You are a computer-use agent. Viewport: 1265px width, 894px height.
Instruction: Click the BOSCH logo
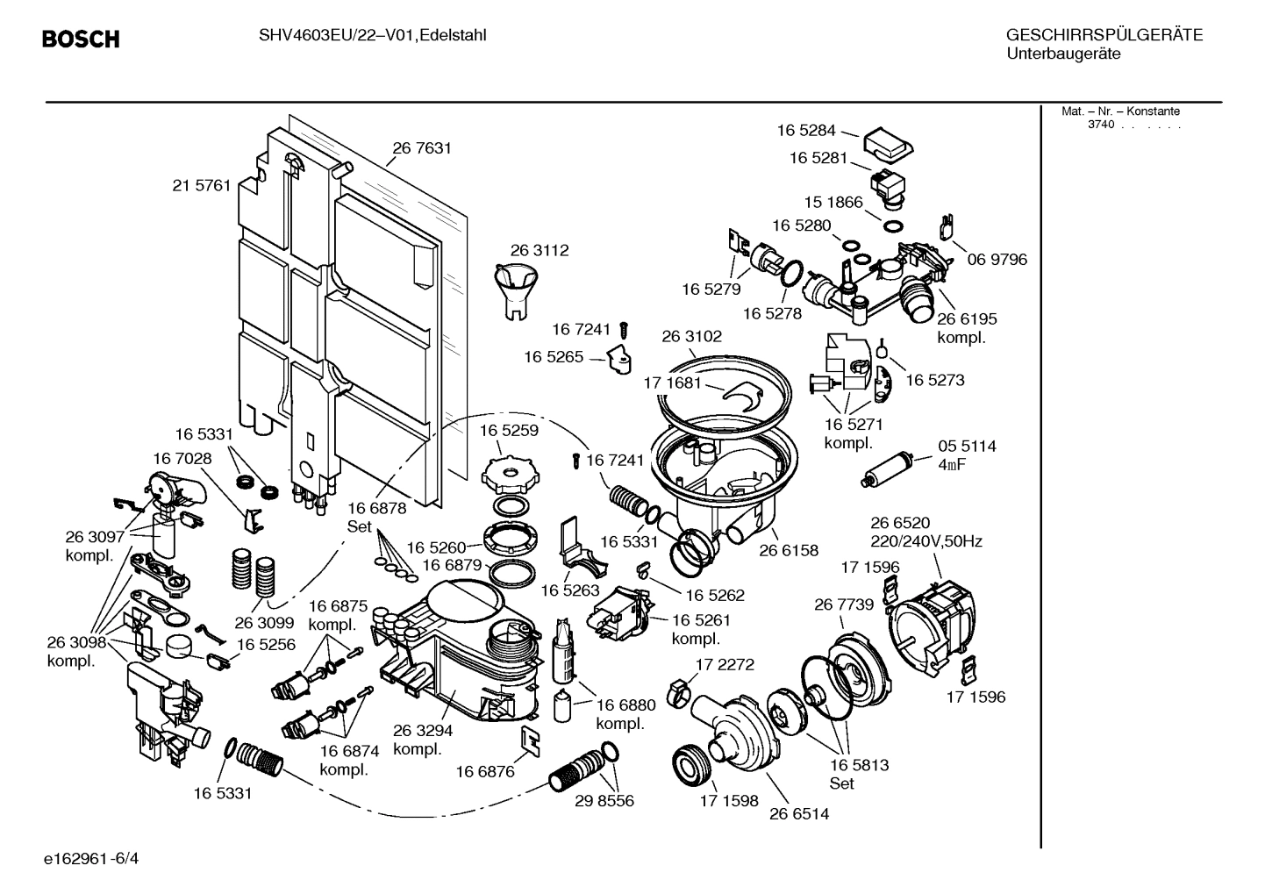click(81, 39)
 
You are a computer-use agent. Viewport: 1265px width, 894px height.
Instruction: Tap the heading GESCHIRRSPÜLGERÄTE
click(1104, 35)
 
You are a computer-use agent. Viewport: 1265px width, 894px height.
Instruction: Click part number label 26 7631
click(422, 148)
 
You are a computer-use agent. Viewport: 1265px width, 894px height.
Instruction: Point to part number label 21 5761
click(202, 185)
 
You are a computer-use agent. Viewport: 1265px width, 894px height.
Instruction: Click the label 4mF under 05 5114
click(951, 465)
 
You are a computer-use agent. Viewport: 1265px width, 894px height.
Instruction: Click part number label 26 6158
click(789, 550)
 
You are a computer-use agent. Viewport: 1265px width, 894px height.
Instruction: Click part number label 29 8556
click(604, 800)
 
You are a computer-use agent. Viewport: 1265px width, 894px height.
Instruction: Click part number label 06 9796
click(997, 260)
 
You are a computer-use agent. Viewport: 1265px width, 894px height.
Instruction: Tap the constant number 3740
click(1100, 125)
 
